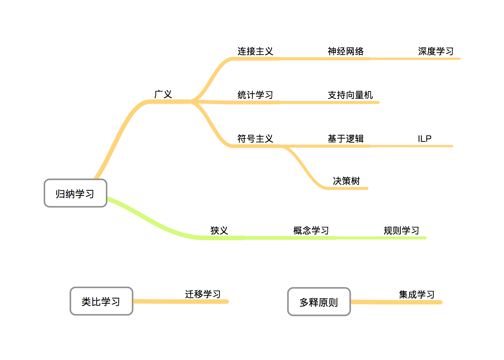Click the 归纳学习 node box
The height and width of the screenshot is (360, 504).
point(75,193)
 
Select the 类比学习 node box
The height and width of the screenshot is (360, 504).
point(101,301)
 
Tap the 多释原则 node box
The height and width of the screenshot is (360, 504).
point(319,302)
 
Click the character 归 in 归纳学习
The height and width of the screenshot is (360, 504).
point(60,194)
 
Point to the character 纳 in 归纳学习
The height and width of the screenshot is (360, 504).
point(70,194)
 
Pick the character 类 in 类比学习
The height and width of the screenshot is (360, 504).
point(86,302)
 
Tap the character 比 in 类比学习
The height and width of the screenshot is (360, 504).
point(96,302)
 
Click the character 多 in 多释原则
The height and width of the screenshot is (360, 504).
point(304,303)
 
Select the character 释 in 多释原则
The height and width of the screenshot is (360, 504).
point(313,303)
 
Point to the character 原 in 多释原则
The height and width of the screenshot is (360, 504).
point(323,303)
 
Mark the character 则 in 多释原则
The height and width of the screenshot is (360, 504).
point(333,303)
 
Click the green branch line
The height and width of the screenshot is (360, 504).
point(296,238)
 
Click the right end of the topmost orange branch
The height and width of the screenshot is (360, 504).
point(459,59)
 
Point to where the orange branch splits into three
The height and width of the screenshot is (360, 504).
point(191,101)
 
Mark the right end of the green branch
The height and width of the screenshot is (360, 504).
point(425,238)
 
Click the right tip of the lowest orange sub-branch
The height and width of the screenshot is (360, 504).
point(367,189)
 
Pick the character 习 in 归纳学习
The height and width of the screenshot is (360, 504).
point(90,194)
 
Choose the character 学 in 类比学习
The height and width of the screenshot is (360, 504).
point(106,302)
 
